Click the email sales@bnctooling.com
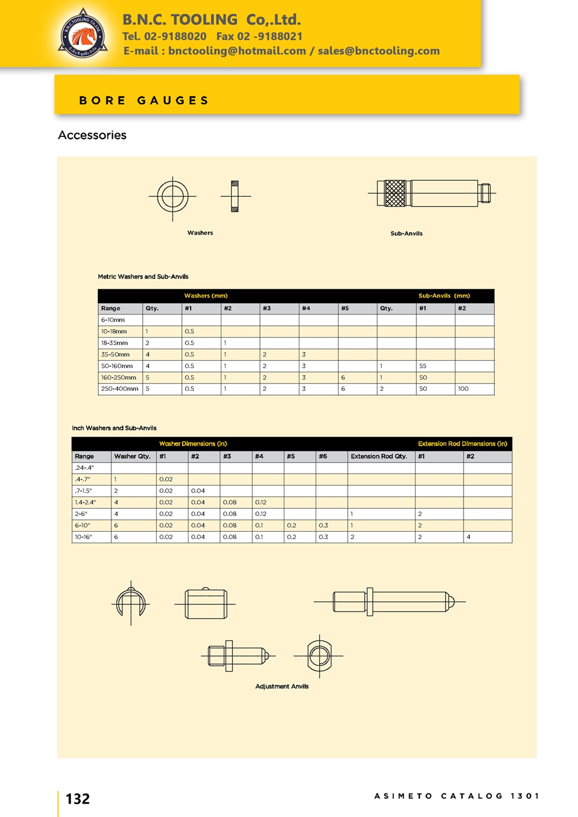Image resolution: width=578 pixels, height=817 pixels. coord(379,51)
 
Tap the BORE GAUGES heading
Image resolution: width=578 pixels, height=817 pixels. coord(144,100)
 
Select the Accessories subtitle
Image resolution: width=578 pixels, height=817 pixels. coord(92,135)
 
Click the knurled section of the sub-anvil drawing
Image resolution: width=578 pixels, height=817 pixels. coord(395,193)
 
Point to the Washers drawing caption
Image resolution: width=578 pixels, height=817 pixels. coord(200,233)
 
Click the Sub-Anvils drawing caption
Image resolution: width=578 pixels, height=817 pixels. coord(406,233)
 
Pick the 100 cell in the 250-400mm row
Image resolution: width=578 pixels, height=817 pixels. coord(463,389)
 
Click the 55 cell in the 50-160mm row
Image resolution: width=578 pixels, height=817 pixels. coord(423,366)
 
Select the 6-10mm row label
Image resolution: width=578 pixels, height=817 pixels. coord(113,320)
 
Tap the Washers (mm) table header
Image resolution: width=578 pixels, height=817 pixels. coord(206,296)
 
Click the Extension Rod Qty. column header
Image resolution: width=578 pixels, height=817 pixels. coord(379,456)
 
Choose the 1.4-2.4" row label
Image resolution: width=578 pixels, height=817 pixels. coord(86,502)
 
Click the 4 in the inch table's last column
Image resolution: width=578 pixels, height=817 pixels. coord(468,537)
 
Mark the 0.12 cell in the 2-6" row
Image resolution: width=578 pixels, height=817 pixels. coord(261,514)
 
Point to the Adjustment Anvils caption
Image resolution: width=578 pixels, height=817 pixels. coord(282,687)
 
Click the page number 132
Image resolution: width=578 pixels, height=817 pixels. coord(77,799)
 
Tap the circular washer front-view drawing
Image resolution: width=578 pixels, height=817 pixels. coord(172,196)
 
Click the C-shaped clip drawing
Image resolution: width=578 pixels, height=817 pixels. coord(130,603)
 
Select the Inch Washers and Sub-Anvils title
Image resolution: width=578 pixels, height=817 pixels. coord(114,428)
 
